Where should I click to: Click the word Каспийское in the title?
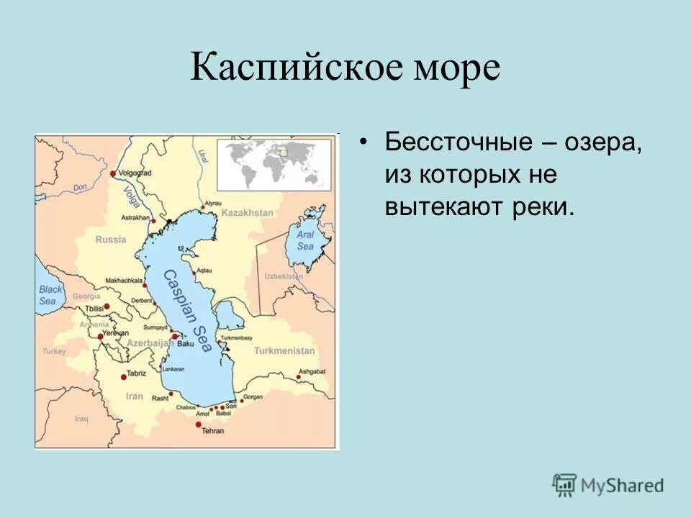click(292, 68)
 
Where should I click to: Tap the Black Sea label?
click(50, 295)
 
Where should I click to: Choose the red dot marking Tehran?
click(199, 424)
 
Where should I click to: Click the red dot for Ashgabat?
click(299, 376)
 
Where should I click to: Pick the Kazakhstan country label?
click(247, 213)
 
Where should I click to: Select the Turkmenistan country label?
click(284, 350)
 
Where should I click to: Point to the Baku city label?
click(186, 344)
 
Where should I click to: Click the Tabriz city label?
click(136, 373)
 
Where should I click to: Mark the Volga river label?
click(131, 196)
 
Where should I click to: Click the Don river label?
click(81, 187)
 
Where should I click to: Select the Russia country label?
click(110, 240)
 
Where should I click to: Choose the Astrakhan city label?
click(135, 217)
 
